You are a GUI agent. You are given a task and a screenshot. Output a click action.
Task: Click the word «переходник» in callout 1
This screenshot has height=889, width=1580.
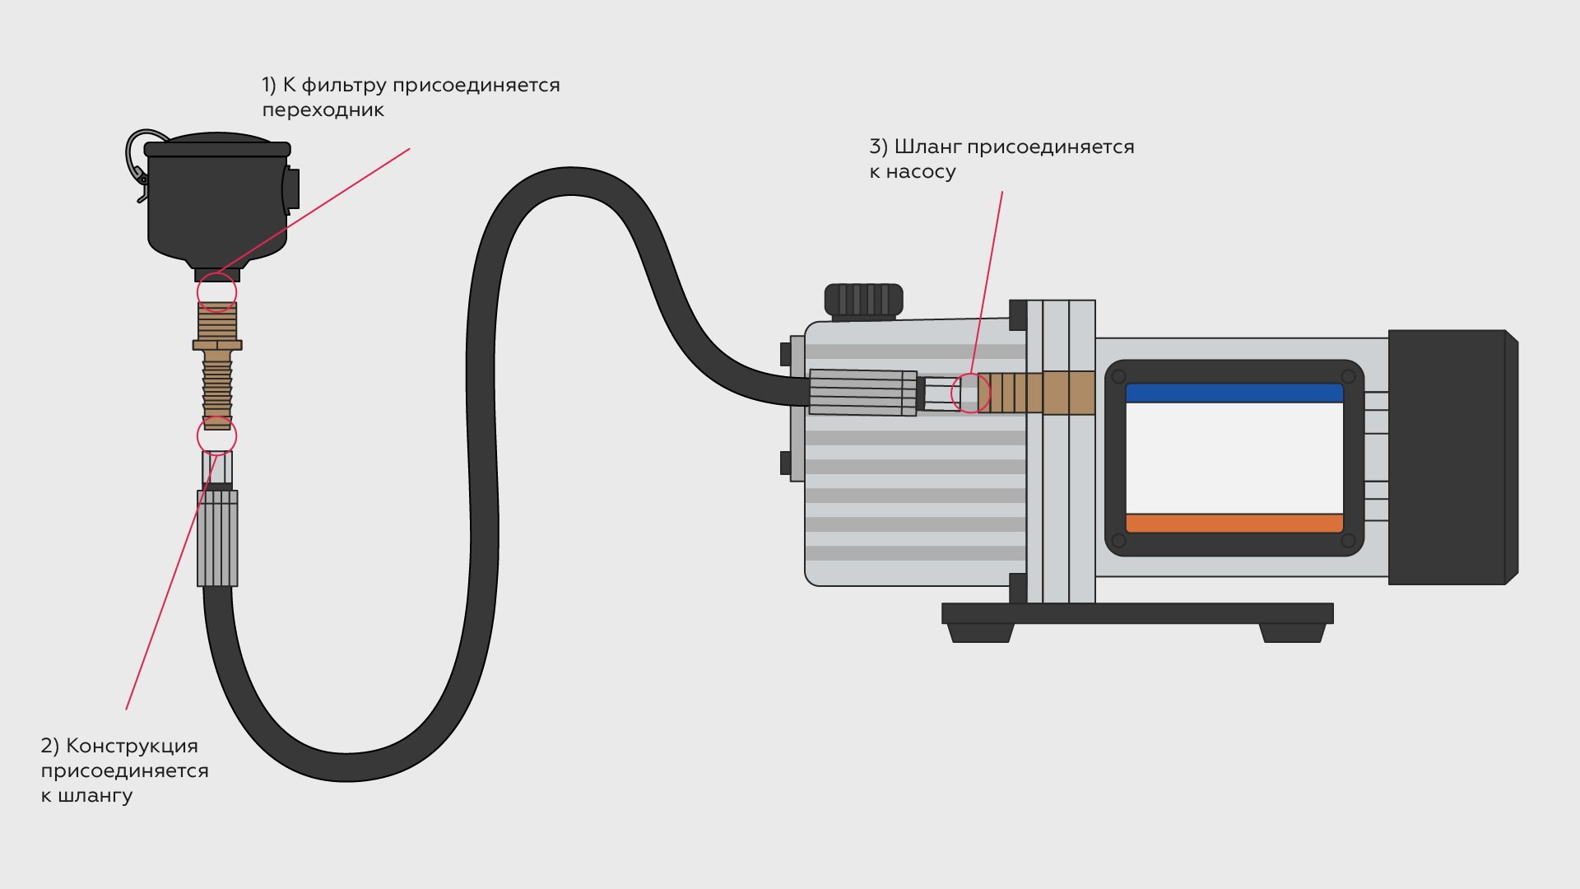pos(323,110)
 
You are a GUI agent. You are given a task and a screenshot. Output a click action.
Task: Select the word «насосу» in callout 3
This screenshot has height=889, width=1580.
pos(921,172)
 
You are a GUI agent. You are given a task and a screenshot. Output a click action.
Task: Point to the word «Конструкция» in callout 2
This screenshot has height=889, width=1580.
pos(132,746)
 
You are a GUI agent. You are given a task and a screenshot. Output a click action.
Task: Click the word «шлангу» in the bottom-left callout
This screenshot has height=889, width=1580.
pos(96,796)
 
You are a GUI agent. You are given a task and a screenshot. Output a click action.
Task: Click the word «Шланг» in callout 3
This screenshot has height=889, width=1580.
pos(927,147)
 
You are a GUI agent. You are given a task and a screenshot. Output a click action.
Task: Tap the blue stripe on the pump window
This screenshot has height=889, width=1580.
pos(1234,393)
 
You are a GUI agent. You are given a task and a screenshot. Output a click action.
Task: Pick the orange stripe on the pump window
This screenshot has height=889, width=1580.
pos(1234,523)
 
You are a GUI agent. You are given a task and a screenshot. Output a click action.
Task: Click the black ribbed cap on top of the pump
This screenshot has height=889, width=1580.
pos(863,300)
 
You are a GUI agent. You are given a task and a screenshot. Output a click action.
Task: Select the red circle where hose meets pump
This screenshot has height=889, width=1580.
pos(971,393)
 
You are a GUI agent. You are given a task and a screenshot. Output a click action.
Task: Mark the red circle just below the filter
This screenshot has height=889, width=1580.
pos(216,292)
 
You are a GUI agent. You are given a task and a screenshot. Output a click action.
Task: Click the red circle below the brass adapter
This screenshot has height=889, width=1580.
pos(216,435)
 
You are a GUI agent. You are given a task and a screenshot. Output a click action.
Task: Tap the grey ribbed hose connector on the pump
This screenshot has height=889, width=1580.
pos(862,392)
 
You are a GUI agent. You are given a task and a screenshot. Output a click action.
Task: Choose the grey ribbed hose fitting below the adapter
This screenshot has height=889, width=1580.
pos(217,538)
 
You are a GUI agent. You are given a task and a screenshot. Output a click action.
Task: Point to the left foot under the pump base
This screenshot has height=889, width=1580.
pos(979,632)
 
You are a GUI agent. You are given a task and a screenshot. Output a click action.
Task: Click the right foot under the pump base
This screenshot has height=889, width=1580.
pos(1292,632)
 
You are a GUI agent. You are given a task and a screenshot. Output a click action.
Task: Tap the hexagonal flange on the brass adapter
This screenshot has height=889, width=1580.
pos(217,345)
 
